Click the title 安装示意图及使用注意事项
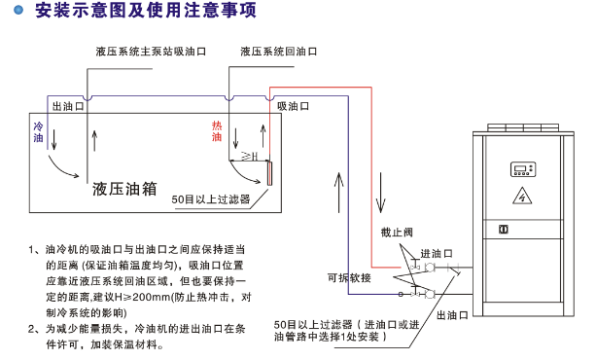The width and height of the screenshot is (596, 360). pos(131,12)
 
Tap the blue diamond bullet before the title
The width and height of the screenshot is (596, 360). pos(21,12)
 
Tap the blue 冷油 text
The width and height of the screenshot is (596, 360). pos(39,133)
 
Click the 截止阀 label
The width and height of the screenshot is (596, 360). pos(396,232)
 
